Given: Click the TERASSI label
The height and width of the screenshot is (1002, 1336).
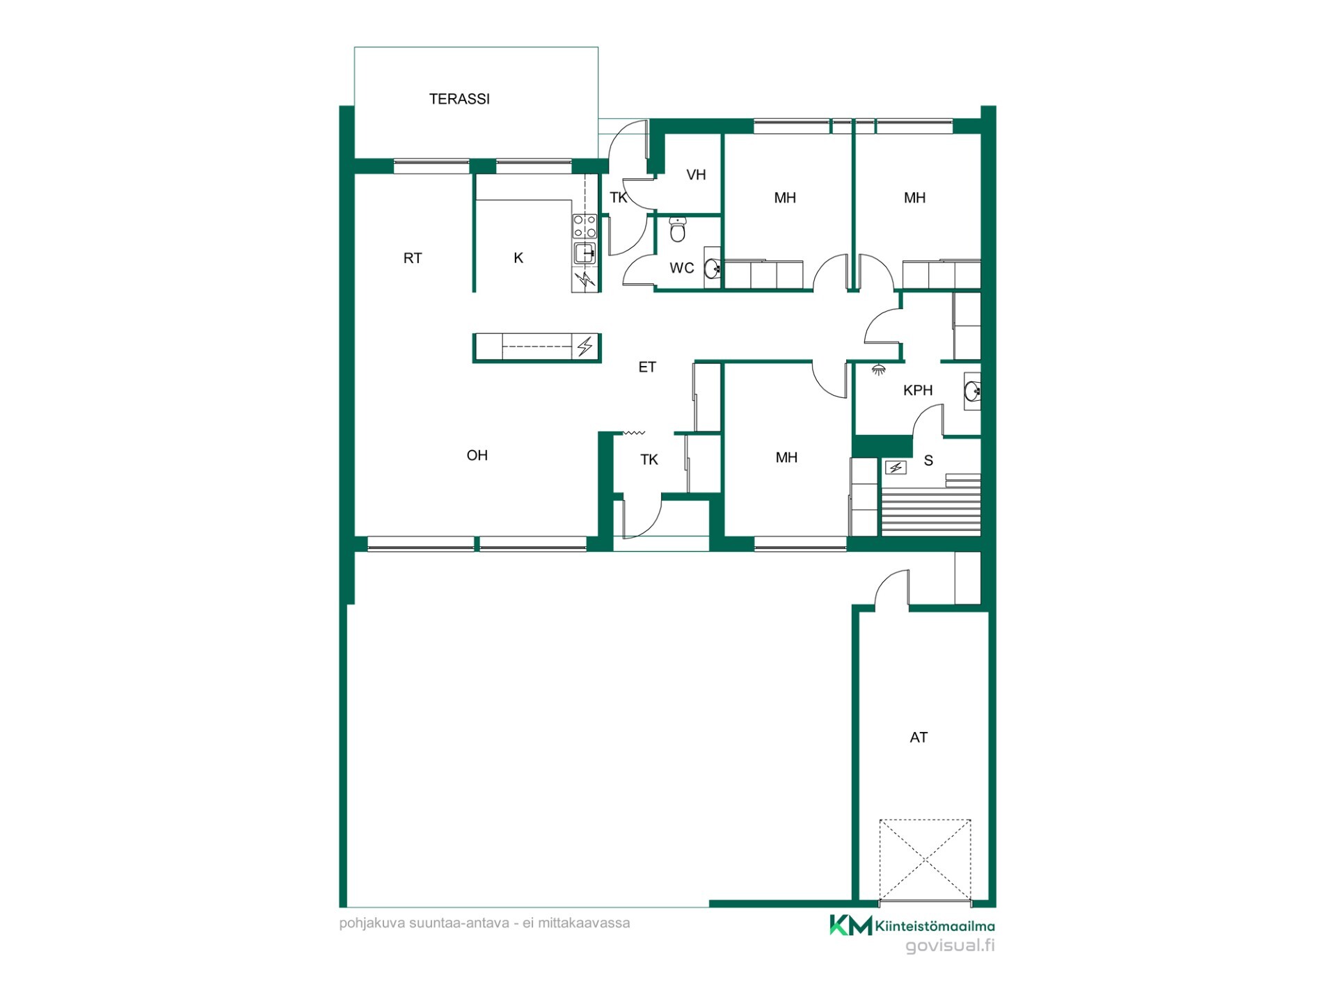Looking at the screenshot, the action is tap(459, 99).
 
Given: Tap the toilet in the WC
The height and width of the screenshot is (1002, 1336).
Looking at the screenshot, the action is tap(678, 229).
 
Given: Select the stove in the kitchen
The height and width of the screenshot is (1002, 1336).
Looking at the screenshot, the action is tap(584, 226).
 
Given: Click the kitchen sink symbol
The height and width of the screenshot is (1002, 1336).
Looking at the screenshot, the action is tap(584, 253).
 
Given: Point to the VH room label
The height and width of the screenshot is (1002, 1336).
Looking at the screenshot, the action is tap(696, 175).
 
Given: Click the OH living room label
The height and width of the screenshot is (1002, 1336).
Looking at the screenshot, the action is tap(477, 455).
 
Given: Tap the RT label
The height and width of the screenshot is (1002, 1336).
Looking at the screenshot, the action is tap(413, 258).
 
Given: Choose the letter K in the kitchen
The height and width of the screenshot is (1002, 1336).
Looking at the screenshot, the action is tap(518, 258).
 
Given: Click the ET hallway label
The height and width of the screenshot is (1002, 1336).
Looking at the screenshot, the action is tap(647, 367).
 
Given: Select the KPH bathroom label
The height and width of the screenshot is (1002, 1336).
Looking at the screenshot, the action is tap(918, 390).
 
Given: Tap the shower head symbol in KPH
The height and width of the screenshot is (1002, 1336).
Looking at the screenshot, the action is tap(879, 369).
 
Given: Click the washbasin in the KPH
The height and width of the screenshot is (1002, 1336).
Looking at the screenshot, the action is tap(972, 392).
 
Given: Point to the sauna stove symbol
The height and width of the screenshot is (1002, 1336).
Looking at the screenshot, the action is tap(896, 468).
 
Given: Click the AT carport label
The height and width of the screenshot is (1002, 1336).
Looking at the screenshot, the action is tap(918, 738).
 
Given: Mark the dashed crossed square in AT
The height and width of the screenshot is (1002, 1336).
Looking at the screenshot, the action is tap(925, 860).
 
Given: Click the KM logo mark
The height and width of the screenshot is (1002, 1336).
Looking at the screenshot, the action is tap(850, 925).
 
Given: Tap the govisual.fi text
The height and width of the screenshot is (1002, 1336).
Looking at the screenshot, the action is tap(950, 946).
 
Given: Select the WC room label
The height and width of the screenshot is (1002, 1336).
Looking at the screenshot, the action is tap(682, 268).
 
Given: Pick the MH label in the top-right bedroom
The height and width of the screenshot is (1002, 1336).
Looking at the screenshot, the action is tap(914, 198).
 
